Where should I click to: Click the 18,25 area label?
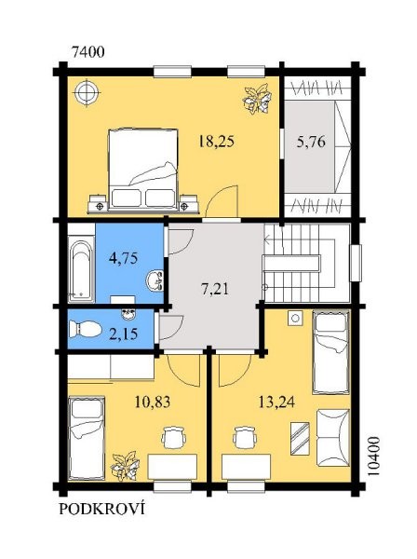(x=217, y=142)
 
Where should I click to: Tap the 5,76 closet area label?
(x=311, y=142)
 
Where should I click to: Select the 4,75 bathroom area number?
(x=123, y=257)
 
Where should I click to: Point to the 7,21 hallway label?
(x=215, y=289)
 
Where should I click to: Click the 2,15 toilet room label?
(x=123, y=334)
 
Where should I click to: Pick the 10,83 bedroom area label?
(x=153, y=402)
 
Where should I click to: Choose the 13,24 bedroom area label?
(x=276, y=402)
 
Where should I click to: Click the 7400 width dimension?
(x=88, y=52)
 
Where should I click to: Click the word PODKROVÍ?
(x=101, y=509)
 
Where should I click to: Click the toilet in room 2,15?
(x=85, y=329)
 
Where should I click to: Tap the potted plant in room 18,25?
(x=257, y=99)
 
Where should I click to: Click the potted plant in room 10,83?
(x=125, y=466)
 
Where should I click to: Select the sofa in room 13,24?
(x=333, y=438)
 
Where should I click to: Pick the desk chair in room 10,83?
(x=173, y=438)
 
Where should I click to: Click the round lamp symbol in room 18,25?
(x=87, y=92)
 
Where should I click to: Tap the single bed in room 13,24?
(x=330, y=352)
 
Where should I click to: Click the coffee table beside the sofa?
(x=300, y=438)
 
